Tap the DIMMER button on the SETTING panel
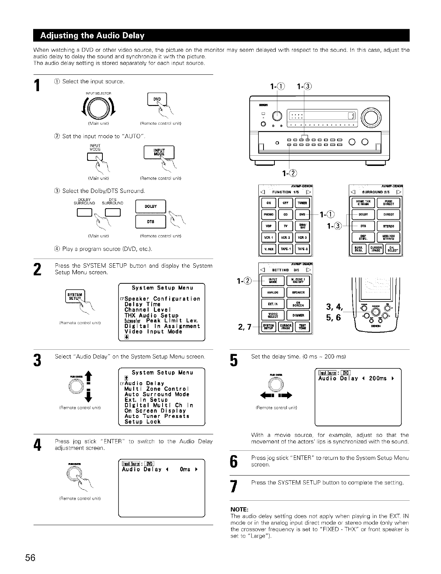click(298, 315)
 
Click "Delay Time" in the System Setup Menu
click(142, 304)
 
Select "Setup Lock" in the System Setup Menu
click(142, 422)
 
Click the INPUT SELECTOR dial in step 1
click(97, 108)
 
